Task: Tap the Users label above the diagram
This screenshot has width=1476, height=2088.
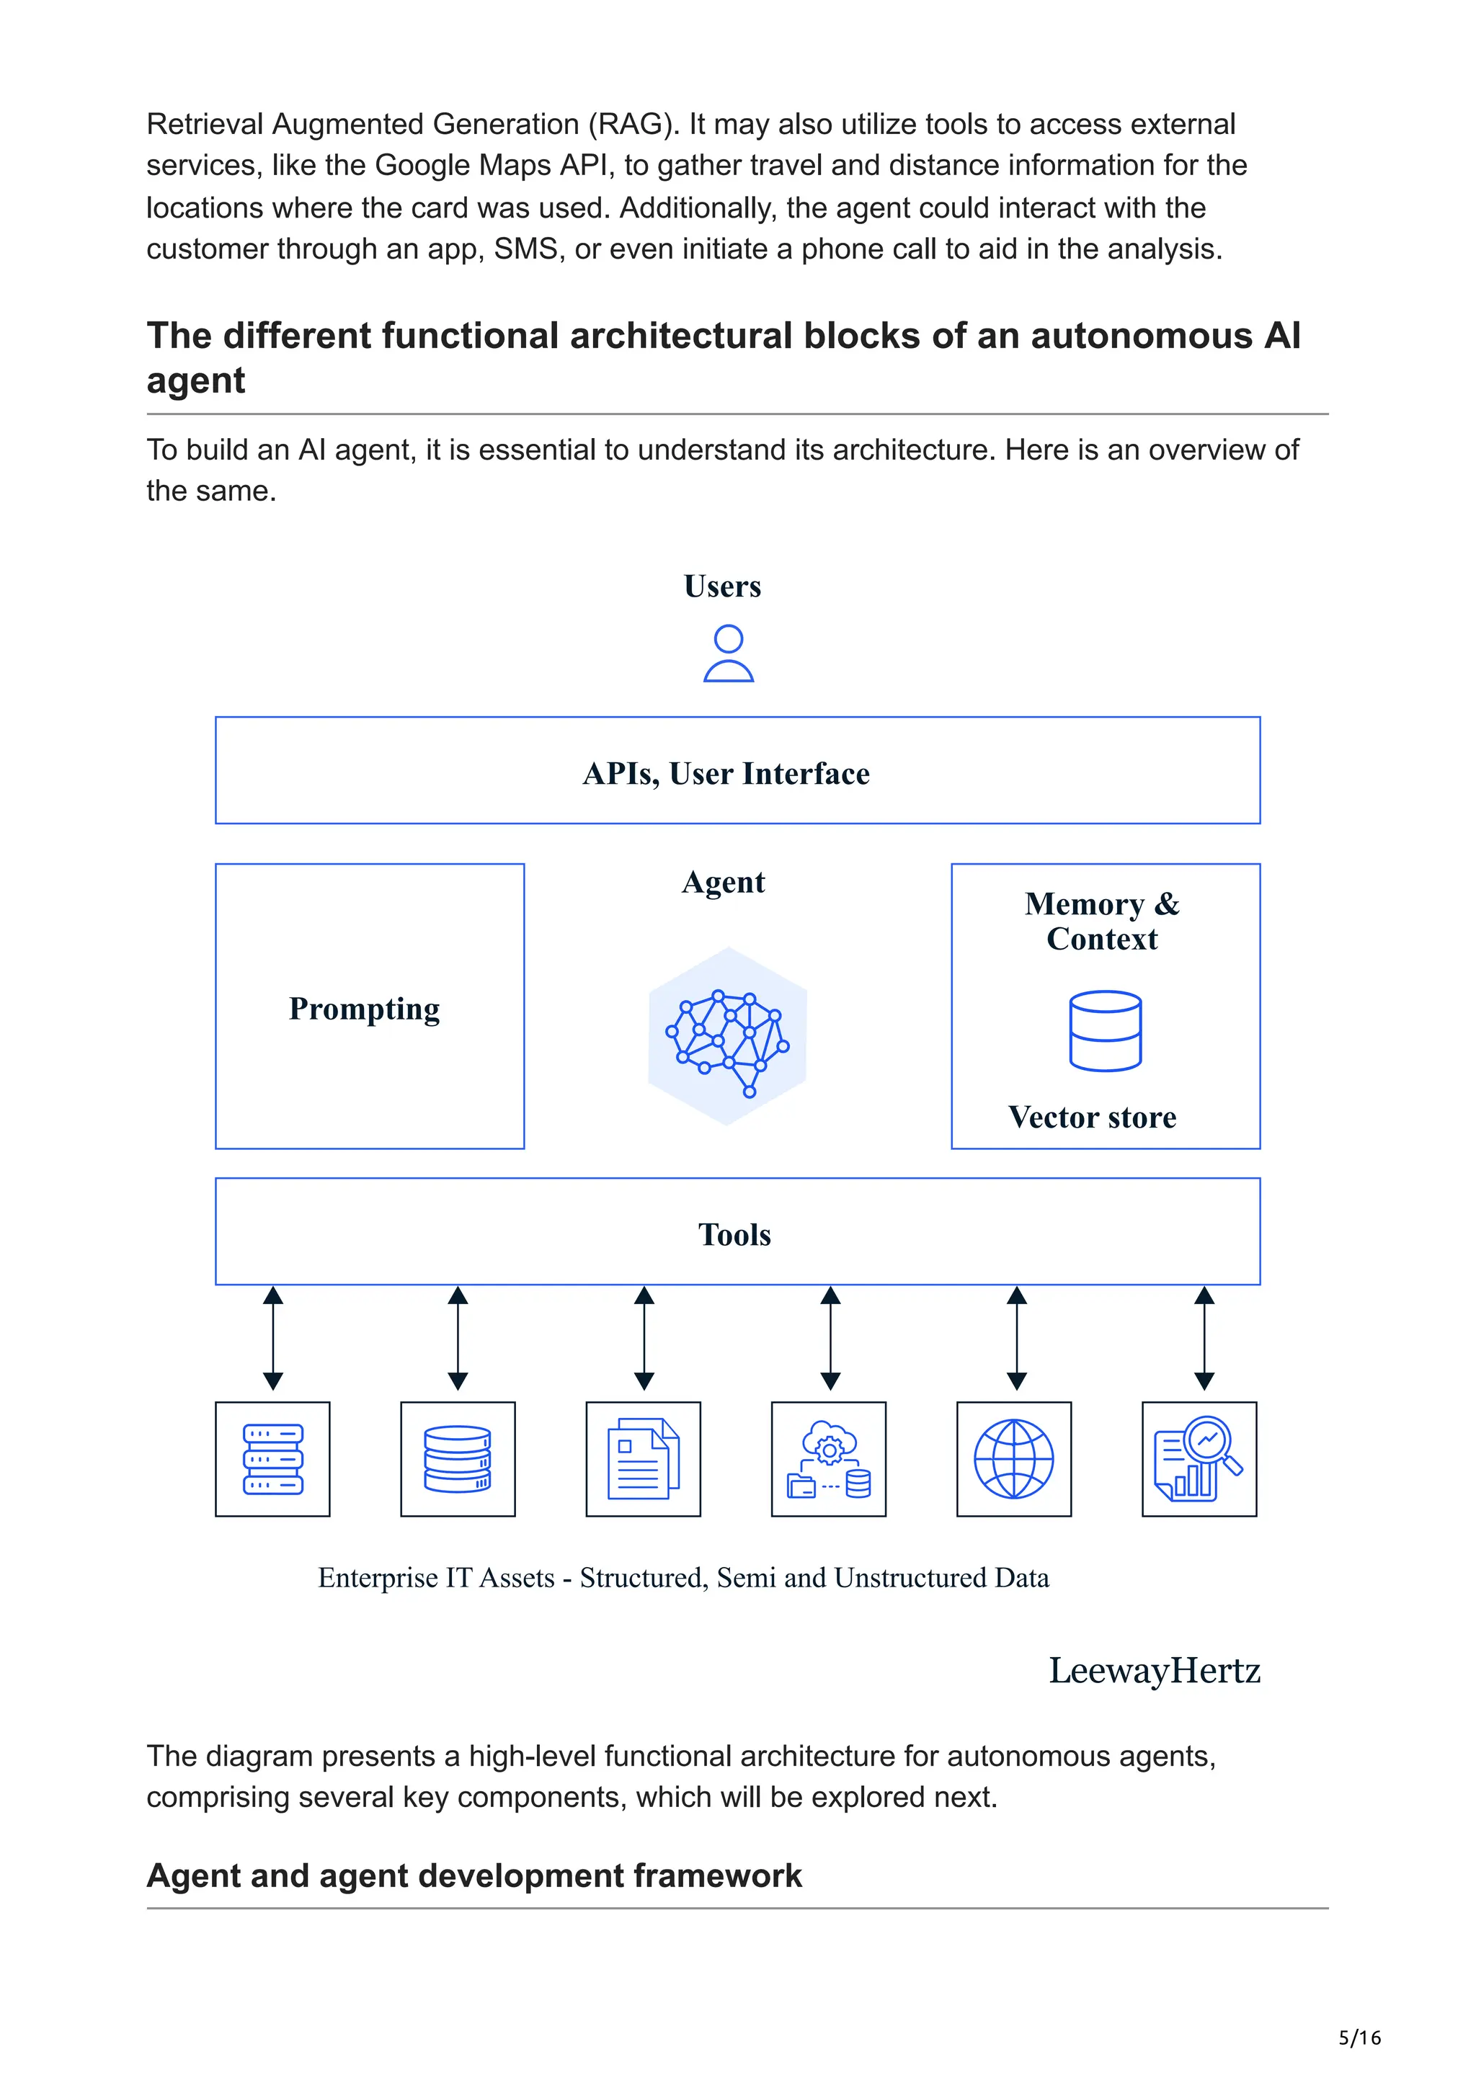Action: pyautogui.click(x=722, y=586)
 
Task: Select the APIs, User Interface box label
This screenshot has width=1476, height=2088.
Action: pyautogui.click(x=726, y=774)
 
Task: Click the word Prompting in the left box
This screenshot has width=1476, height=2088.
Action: pyautogui.click(x=364, y=1009)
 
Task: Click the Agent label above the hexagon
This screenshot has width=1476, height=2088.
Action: pyautogui.click(x=723, y=882)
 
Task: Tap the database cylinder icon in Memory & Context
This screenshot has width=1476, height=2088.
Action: pyautogui.click(x=1105, y=1030)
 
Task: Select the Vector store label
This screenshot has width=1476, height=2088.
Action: pyautogui.click(x=1091, y=1117)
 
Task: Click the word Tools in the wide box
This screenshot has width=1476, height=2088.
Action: pyautogui.click(x=735, y=1235)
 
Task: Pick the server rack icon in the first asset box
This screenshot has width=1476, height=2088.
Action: pyautogui.click(x=273, y=1460)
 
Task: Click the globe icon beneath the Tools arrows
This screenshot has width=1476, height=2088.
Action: pyautogui.click(x=1013, y=1460)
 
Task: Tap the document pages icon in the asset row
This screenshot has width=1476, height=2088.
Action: pyautogui.click(x=643, y=1460)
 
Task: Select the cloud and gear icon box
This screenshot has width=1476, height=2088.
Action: pyautogui.click(x=829, y=1460)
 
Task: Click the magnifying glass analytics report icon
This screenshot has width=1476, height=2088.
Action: pyautogui.click(x=1199, y=1460)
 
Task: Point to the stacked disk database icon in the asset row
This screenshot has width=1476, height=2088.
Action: pyautogui.click(x=458, y=1460)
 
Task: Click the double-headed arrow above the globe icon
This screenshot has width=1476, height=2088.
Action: pyautogui.click(x=1017, y=1338)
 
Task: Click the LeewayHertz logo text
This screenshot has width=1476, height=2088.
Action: pyautogui.click(x=1154, y=1672)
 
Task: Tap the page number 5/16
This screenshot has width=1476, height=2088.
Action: pyautogui.click(x=1359, y=2038)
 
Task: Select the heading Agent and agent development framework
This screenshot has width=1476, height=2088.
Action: pyautogui.click(x=474, y=1876)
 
